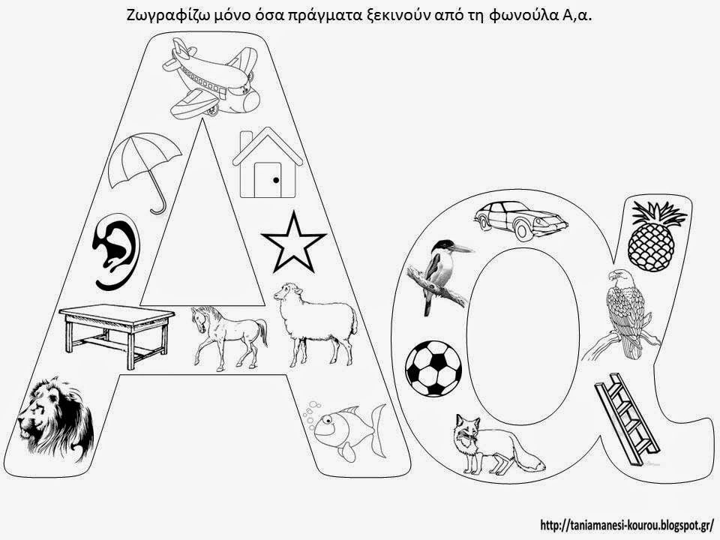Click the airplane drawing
[211, 78]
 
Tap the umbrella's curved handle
[158, 202]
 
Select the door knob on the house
[276, 181]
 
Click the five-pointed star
[293, 242]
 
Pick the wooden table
[117, 334]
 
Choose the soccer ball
[433, 368]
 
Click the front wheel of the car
[523, 230]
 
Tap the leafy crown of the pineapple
[658, 214]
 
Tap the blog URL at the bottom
[627, 524]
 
